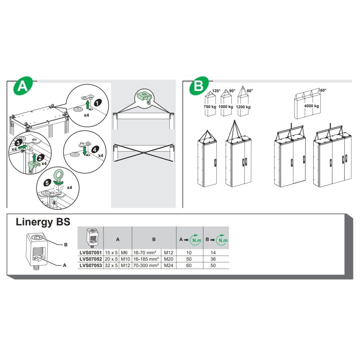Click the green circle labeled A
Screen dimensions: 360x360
click(x=21, y=87)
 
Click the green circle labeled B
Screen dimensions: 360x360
click(x=196, y=87)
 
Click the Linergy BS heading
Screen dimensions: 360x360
click(x=43, y=222)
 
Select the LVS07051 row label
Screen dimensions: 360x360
click(x=90, y=253)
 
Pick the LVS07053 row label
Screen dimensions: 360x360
click(x=90, y=265)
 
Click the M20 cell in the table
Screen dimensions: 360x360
click(x=168, y=260)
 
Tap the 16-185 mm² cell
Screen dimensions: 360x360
click(x=146, y=260)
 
